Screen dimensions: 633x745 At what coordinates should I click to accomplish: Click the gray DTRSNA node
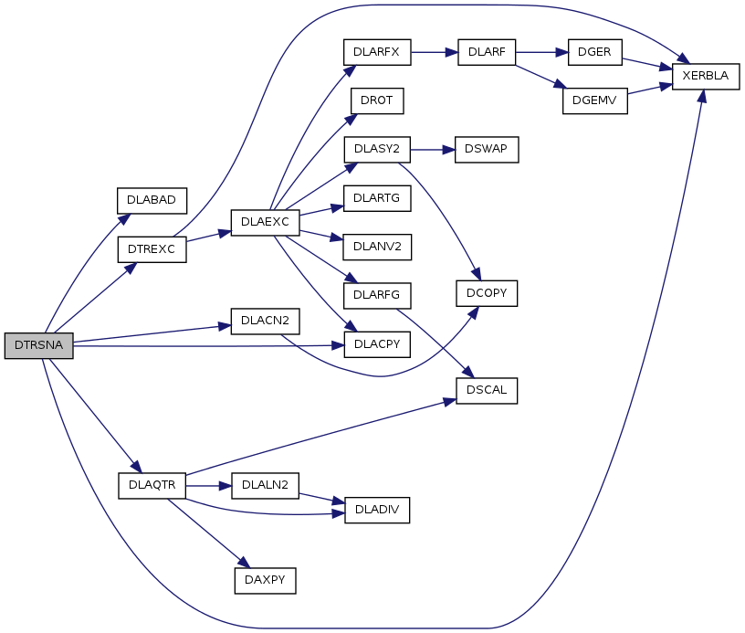(x=38, y=345)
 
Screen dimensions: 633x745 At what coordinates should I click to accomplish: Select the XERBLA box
(x=705, y=76)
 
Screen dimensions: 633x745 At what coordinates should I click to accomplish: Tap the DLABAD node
(x=152, y=199)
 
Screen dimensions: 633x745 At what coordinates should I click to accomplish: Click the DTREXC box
(x=152, y=248)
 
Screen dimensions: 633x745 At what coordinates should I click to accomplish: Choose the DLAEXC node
(x=265, y=222)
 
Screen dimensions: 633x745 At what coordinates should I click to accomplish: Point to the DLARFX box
(x=376, y=52)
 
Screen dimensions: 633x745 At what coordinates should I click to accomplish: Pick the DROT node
(x=376, y=100)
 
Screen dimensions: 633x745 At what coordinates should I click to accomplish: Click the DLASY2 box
(x=376, y=149)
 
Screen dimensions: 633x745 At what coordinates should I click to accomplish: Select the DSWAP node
(x=487, y=149)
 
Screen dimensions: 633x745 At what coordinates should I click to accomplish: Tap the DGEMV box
(x=595, y=100)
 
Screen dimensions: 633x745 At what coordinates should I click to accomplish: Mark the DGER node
(x=594, y=52)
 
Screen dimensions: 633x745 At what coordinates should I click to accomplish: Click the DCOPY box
(x=487, y=293)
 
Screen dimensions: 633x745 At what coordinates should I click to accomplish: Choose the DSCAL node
(x=487, y=390)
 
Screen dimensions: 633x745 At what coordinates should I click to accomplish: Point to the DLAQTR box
(x=152, y=485)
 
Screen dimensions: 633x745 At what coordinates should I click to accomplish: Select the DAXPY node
(x=265, y=580)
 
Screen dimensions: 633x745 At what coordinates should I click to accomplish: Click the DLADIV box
(x=376, y=510)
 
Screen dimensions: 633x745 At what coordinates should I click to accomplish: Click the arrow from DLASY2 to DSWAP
(x=432, y=149)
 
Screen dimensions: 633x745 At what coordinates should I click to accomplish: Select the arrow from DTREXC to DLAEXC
(x=208, y=236)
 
